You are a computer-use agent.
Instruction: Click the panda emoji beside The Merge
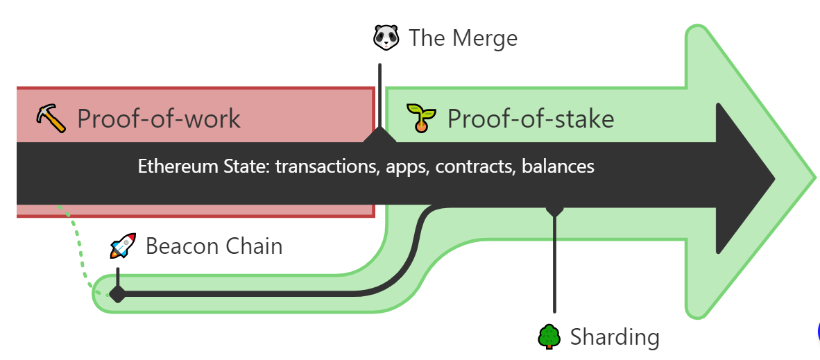tap(386, 37)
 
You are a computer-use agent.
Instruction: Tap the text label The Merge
tap(463, 37)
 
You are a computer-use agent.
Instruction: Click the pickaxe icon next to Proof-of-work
tap(51, 118)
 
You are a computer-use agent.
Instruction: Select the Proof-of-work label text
tap(159, 119)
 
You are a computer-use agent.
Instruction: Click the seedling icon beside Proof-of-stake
tap(420, 118)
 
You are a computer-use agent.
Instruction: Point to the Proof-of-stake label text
tap(531, 119)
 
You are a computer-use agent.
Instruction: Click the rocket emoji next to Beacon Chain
tap(123, 246)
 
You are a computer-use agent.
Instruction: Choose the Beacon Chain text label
tap(214, 246)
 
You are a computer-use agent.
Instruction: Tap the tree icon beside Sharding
tap(549, 337)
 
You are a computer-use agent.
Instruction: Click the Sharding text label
tap(615, 338)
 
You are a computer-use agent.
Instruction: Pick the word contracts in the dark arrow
tap(475, 166)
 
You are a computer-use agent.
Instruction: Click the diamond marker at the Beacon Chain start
tap(118, 294)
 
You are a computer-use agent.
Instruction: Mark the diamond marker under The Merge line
tap(380, 135)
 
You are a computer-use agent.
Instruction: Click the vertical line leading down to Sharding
tap(554, 264)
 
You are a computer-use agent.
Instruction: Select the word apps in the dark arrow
tap(402, 166)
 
